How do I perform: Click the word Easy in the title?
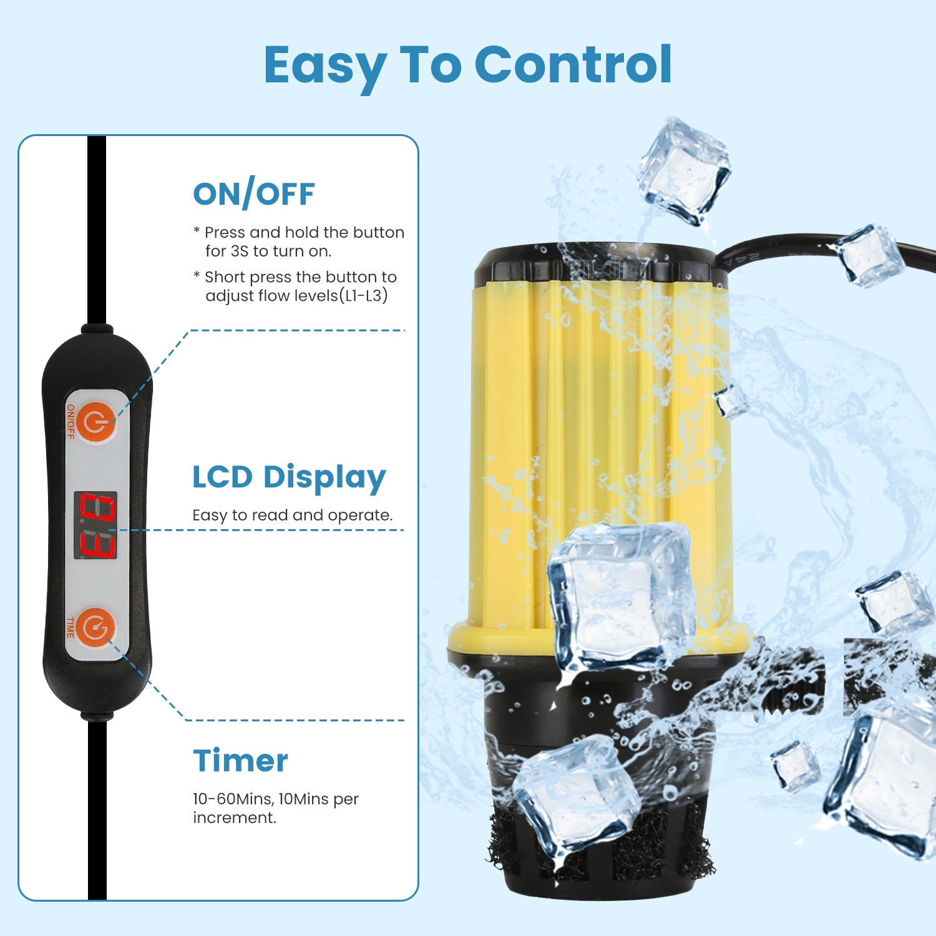(x=325, y=67)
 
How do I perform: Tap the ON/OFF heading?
(x=254, y=194)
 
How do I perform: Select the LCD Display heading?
(x=289, y=478)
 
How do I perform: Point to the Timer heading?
(x=240, y=761)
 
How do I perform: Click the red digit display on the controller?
(x=96, y=525)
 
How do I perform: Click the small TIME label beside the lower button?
(x=70, y=627)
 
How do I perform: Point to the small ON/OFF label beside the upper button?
(x=71, y=421)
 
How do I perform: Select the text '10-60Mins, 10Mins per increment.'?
(x=276, y=808)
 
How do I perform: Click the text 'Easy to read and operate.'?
(x=293, y=515)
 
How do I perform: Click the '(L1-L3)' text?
(x=363, y=296)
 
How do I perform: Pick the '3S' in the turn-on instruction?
(x=240, y=251)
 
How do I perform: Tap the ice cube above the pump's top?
(x=683, y=170)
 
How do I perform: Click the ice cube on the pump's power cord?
(x=870, y=255)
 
